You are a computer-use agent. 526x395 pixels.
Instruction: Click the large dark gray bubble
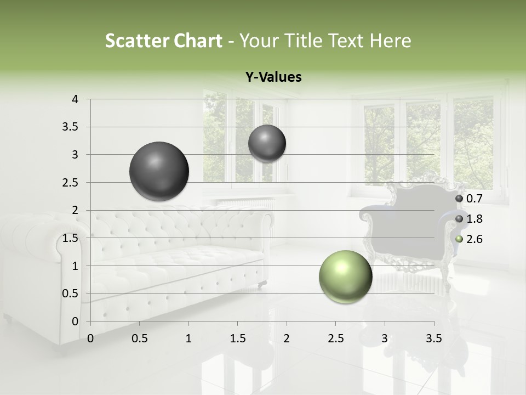pos(159,171)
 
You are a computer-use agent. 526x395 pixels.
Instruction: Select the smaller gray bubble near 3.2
pos(267,144)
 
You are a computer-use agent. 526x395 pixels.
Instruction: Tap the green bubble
pos(345,276)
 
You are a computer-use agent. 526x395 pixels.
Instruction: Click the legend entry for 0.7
pos(468,198)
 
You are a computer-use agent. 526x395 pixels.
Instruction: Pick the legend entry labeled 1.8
pos(468,219)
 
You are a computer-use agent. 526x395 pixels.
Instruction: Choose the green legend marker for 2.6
pos(459,239)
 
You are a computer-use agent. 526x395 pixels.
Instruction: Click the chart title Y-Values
pos(273,77)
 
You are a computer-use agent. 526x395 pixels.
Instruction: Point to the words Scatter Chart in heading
pos(163,41)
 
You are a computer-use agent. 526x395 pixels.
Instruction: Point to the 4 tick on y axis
pos(76,99)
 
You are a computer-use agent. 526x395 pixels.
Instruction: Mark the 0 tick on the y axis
pos(76,321)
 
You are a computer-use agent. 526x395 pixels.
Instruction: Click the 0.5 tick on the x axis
pos(140,338)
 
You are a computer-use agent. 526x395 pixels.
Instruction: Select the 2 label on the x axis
pos(287,338)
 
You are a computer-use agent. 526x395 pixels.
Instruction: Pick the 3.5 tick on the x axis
pos(433,338)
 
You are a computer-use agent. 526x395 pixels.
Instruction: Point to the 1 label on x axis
pos(188,338)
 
